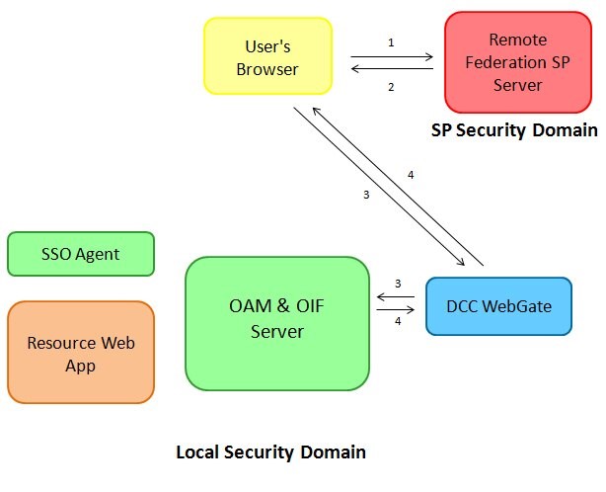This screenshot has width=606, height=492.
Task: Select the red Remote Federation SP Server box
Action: [x=517, y=62]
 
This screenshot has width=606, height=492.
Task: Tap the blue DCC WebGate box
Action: [x=498, y=306]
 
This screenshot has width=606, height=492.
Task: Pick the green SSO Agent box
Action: [x=81, y=254]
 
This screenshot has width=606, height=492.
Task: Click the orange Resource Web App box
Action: [x=81, y=354]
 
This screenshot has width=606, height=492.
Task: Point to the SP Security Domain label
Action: [x=514, y=130]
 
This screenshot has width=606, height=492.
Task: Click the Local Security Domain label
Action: [x=270, y=452]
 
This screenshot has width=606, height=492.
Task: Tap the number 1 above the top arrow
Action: [x=391, y=43]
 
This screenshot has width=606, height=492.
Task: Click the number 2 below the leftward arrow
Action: [x=391, y=87]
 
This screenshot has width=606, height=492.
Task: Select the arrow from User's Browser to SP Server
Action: [x=393, y=57]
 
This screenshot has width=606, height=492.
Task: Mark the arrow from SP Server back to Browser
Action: [x=393, y=69]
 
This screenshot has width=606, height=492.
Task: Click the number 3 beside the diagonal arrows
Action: [x=366, y=195]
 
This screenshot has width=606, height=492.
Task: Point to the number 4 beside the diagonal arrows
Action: [x=411, y=176]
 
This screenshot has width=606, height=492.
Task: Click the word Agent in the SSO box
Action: [x=99, y=254]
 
